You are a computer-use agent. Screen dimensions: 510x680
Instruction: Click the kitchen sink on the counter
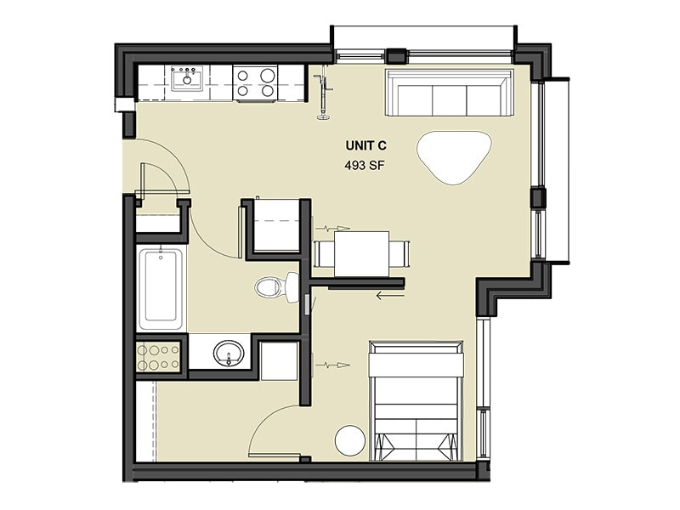tap(186, 81)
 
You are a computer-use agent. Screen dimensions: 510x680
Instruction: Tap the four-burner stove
tap(255, 82)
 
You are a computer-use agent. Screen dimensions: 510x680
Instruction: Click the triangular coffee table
tap(455, 156)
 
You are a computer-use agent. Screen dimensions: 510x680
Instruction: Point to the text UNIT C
tap(366, 144)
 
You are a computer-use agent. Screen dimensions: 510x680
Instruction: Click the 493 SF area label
tap(365, 166)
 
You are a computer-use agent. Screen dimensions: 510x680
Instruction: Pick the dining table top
tap(361, 253)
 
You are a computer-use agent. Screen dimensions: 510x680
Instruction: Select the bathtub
tap(161, 288)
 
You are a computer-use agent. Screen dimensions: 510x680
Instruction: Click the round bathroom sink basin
tap(229, 352)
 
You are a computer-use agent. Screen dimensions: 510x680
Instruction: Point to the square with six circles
tap(159, 355)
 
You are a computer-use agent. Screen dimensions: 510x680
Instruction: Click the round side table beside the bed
tap(349, 440)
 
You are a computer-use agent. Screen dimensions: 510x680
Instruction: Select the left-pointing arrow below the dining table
tap(392, 296)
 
